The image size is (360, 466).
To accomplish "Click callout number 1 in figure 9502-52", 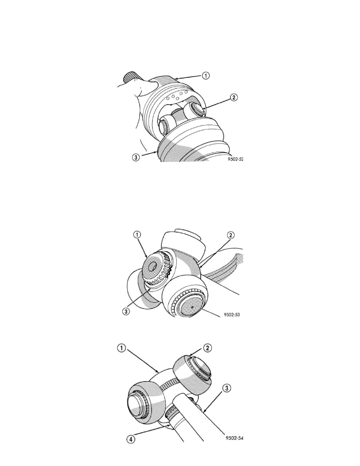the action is tap(206, 76).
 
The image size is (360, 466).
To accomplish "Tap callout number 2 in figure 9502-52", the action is tap(234, 97).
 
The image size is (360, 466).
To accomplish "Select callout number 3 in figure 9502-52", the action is tap(135, 158).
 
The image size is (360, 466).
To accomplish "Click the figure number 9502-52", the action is tap(236, 159).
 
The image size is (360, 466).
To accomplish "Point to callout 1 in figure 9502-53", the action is tap(136, 235).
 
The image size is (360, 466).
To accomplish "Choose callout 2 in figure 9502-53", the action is tap(231, 235).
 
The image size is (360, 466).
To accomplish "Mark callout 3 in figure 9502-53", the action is tap(126, 312).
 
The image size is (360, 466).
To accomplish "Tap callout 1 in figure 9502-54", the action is tap(121, 348).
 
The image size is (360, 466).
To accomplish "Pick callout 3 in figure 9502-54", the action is tap(227, 388).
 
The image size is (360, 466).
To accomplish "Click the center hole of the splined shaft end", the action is tap(154, 266).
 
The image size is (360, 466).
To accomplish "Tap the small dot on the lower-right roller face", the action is tap(192, 307).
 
